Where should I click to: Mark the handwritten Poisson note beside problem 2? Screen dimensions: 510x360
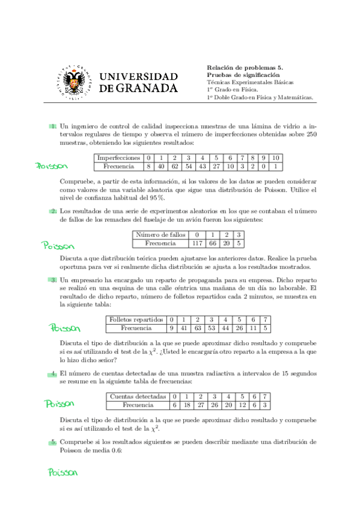[x=58, y=245]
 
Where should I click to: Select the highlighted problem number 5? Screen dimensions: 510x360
[x=53, y=442]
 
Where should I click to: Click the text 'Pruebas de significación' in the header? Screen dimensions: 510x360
[x=243, y=75]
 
